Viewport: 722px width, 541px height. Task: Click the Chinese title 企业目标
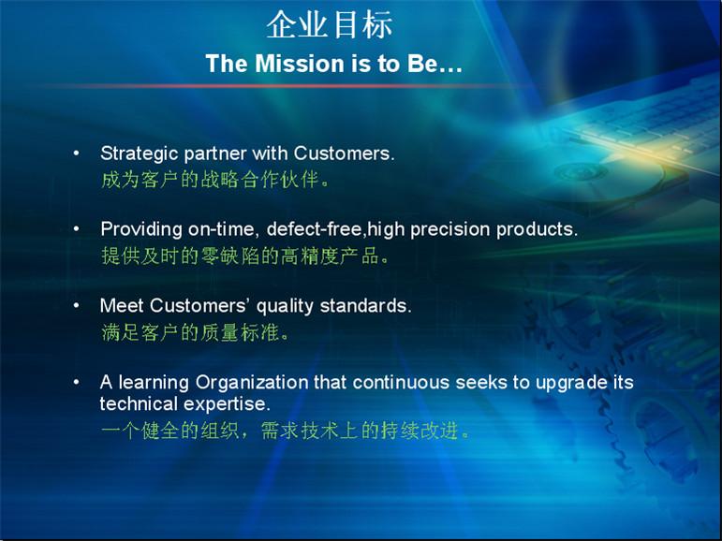330,25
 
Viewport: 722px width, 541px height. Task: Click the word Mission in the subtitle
301,64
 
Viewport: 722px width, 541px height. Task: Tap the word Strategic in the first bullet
139,154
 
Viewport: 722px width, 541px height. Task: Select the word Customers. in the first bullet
344,154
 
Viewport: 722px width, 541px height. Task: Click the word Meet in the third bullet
122,306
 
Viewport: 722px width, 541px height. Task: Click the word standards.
365,306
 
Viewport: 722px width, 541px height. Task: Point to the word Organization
251,383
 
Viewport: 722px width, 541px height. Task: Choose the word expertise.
227,404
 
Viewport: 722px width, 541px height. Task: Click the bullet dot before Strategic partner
77,154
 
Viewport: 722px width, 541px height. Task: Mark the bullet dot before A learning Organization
77,382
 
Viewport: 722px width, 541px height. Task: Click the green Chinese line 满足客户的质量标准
195,332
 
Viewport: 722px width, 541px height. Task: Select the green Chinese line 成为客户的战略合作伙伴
215,180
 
